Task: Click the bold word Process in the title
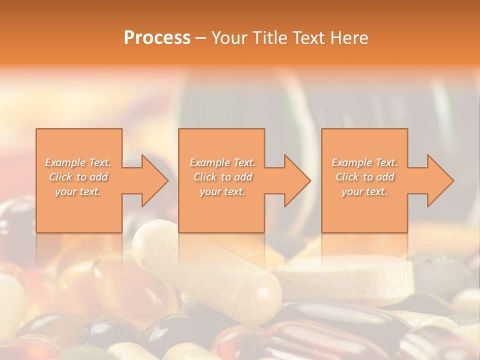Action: pos(157,38)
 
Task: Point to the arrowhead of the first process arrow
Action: pos(155,180)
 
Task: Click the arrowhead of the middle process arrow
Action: pos(297,180)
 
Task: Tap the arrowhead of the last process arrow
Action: pos(440,180)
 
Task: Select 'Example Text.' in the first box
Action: pos(78,162)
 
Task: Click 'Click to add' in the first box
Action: pos(78,177)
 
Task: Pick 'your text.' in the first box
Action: pos(78,191)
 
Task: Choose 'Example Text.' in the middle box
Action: pos(222,162)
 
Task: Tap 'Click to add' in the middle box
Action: pos(222,177)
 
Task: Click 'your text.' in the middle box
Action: pos(222,191)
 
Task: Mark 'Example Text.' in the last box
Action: pos(364,162)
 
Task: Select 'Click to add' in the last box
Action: pos(364,177)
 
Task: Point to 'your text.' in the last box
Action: pos(364,191)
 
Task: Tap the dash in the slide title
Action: pos(200,38)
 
